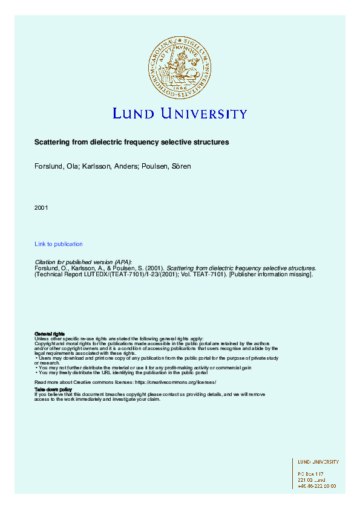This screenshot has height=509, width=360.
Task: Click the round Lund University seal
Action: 180,66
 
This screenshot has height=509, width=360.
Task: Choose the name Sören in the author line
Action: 181,166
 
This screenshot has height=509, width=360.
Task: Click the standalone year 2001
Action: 41,208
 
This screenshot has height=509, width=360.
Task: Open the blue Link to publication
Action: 59,244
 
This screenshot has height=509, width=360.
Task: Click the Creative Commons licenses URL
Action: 176,383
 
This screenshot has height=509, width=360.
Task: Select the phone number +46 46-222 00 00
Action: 317,485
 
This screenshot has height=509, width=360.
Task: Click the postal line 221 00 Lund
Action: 312,479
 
